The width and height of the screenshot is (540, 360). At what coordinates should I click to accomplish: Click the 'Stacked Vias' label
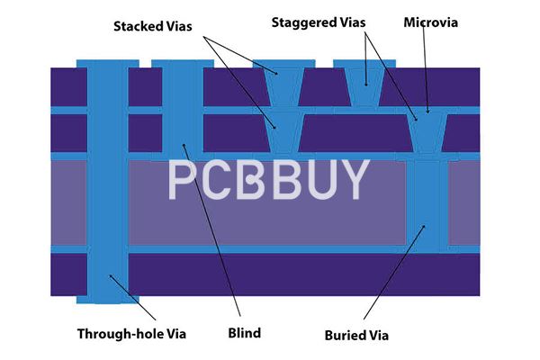pos(153,26)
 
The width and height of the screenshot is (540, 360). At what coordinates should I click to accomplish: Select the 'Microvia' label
pos(430,22)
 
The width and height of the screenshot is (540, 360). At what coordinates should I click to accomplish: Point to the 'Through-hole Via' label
pos(131,334)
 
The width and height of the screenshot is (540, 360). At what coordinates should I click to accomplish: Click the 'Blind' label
pos(244,334)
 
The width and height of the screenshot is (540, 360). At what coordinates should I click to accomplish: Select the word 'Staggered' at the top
pos(306,22)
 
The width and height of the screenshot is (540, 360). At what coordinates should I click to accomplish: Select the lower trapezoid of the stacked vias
pos(283,134)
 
